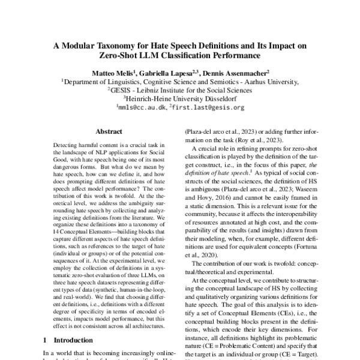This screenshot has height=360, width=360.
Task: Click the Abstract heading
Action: tap(109, 131)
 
